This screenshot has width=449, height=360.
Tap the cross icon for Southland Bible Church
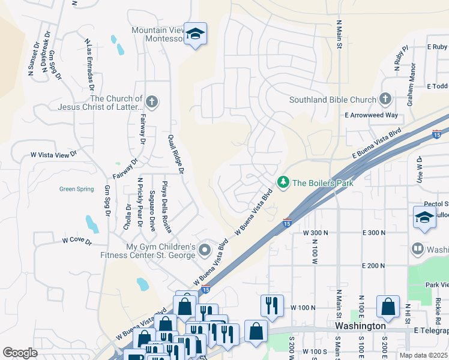click(385, 100)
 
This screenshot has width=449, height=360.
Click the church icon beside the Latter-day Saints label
click(152, 102)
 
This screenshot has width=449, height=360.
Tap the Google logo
click(20, 353)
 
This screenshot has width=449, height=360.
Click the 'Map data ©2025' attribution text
click(423, 355)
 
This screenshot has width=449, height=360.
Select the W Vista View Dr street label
click(54, 155)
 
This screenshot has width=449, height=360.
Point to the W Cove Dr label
click(76, 241)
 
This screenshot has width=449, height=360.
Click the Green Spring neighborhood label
click(76, 189)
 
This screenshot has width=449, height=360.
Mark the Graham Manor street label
click(411, 90)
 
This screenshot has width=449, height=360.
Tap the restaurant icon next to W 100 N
click(271, 305)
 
